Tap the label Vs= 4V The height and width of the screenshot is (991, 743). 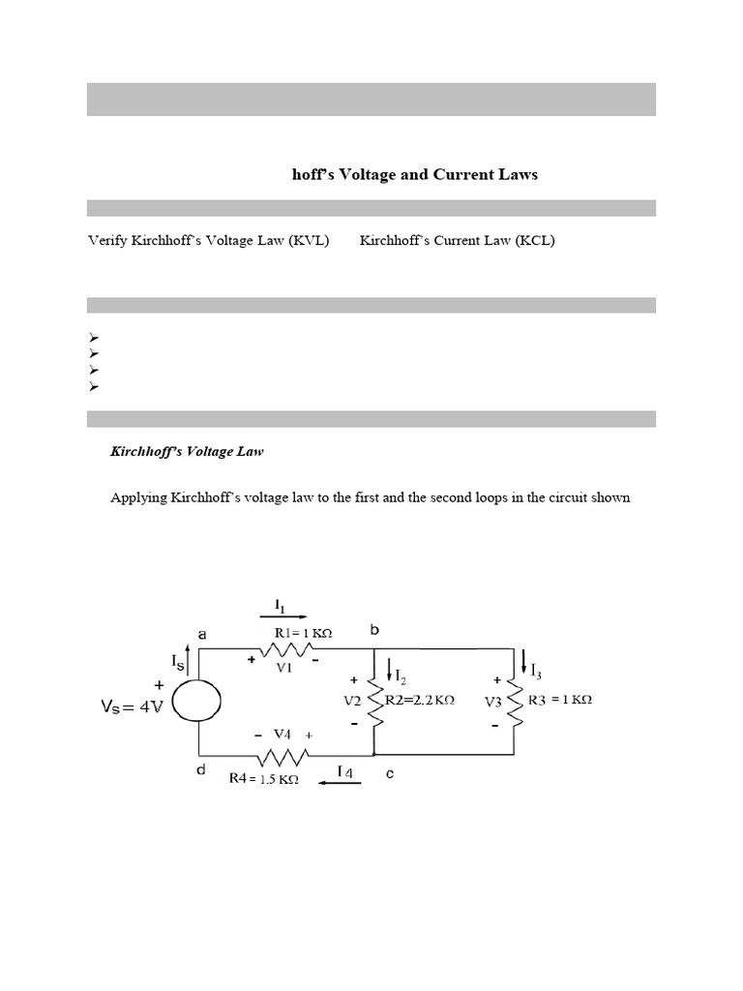(133, 707)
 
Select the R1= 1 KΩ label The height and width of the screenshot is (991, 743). (303, 632)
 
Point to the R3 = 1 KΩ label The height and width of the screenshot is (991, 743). (560, 699)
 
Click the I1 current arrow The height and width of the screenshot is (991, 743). (283, 616)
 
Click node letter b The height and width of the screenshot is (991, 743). (374, 630)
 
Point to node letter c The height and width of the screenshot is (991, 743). (390, 773)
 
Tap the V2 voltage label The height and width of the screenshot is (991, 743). (351, 699)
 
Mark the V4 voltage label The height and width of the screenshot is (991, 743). (283, 735)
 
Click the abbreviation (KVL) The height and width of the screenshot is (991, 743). (308, 241)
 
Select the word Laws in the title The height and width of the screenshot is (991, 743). (517, 175)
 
